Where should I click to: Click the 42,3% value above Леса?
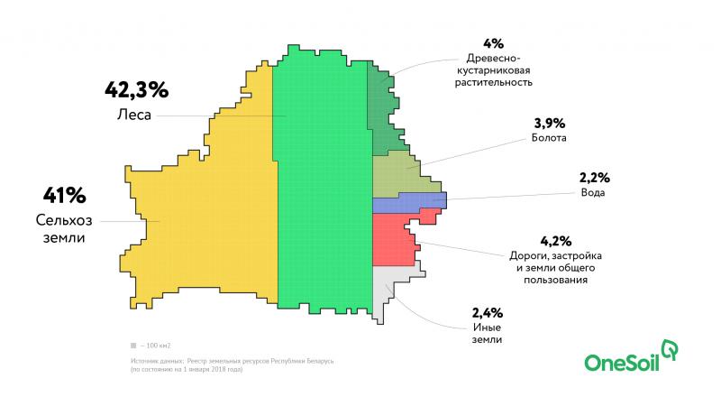pyautogui.click(x=137, y=90)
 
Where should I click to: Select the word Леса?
pyautogui.click(x=133, y=115)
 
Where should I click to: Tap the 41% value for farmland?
pyautogui.click(x=64, y=196)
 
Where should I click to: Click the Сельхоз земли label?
pyautogui.click(x=64, y=229)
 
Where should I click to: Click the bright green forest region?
pyautogui.click(x=324, y=184)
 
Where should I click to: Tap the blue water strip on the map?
pyautogui.click(x=409, y=202)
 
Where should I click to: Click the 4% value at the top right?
pyautogui.click(x=493, y=43)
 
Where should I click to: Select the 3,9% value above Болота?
pyautogui.click(x=550, y=124)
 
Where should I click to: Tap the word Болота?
pyautogui.click(x=549, y=138)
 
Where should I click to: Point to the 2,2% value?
pyautogui.click(x=595, y=178)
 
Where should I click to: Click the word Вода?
pyautogui.click(x=593, y=192)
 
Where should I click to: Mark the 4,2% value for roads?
pyautogui.click(x=556, y=241)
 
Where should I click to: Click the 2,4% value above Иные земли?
pyautogui.click(x=488, y=313)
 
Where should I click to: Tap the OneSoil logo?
pyautogui.click(x=631, y=355)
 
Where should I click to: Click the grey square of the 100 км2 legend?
pyautogui.click(x=133, y=346)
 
